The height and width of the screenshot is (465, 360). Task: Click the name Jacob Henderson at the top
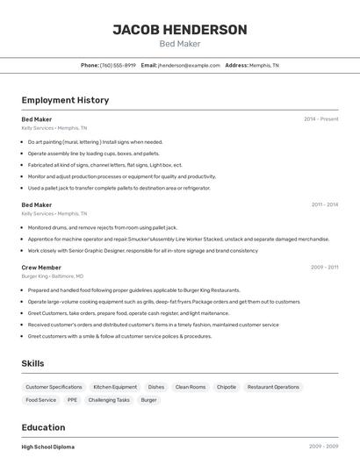click(x=180, y=30)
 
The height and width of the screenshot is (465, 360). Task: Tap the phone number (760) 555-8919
click(x=118, y=65)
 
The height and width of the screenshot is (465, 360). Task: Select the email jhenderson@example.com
click(x=189, y=65)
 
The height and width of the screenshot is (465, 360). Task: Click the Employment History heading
click(x=65, y=100)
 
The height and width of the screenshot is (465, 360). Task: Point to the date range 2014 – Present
click(x=320, y=119)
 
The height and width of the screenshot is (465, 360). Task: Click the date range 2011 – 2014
click(x=324, y=204)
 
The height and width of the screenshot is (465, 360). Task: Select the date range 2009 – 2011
click(x=324, y=268)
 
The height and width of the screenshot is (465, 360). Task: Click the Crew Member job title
click(x=41, y=268)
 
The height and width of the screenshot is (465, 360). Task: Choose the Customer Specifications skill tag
click(x=54, y=387)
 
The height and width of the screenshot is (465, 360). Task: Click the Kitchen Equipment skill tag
click(x=115, y=387)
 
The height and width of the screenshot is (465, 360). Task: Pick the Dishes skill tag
click(x=156, y=387)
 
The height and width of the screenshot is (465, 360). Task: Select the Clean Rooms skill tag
click(x=191, y=387)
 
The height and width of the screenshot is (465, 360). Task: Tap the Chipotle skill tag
click(x=227, y=387)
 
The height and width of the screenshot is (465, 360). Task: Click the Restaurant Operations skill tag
click(x=273, y=387)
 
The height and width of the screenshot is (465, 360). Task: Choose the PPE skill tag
click(x=72, y=400)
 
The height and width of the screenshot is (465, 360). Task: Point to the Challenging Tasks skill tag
click(x=109, y=400)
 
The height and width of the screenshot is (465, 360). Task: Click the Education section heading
click(x=43, y=427)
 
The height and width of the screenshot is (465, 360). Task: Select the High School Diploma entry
click(x=48, y=447)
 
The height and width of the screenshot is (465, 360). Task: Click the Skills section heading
click(x=32, y=363)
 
